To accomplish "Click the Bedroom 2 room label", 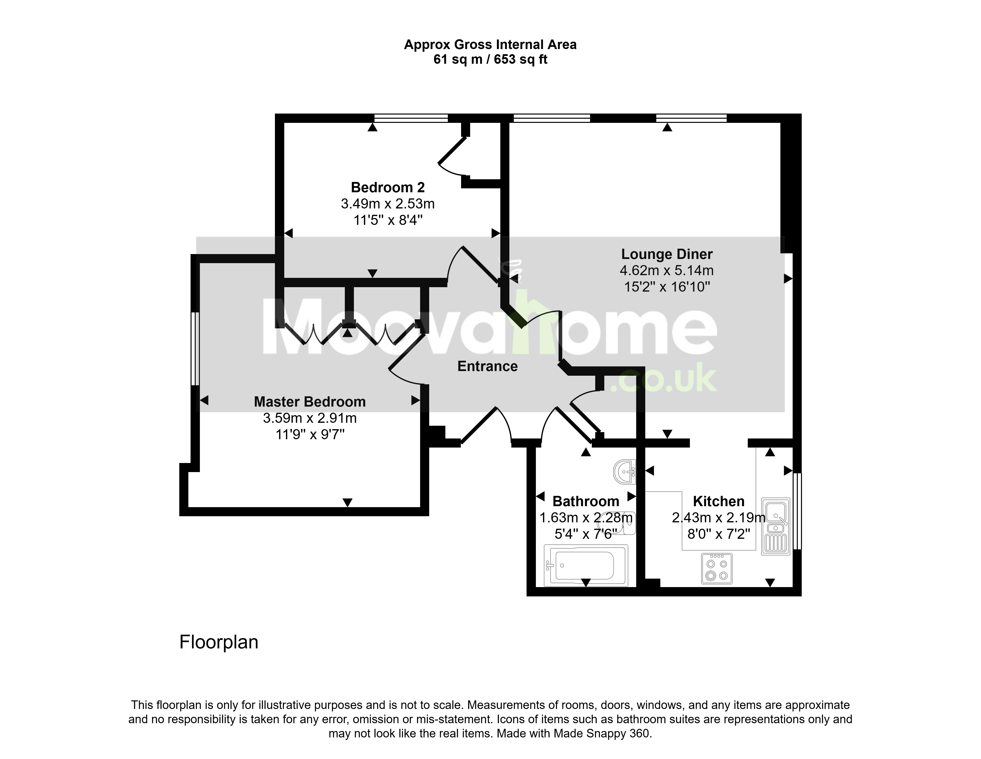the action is [388, 187].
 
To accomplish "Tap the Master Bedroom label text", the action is [310, 401].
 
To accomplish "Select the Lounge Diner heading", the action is [667, 254].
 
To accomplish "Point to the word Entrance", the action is [487, 366].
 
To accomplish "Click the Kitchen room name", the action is [719, 501].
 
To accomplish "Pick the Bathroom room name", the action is [586, 501].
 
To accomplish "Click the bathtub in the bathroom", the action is [586, 566].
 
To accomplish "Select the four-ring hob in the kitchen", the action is [717, 569].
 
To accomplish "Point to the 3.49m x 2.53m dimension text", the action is [388, 204].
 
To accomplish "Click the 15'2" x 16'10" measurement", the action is [667, 286].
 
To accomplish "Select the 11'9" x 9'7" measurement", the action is [310, 434].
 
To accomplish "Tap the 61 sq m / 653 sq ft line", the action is [490, 59].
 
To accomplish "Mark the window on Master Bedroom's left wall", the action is [195, 349].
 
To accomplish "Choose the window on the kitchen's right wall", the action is [797, 511].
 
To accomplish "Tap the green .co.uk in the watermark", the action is [667, 380].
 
